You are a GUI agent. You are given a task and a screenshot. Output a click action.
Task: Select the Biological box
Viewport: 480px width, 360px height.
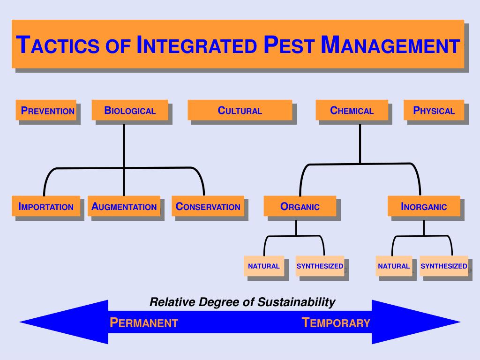point(130,111)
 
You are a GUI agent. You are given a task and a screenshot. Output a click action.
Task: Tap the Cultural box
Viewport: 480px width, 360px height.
point(240,111)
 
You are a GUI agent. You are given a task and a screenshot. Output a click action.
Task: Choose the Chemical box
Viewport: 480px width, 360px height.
point(352,111)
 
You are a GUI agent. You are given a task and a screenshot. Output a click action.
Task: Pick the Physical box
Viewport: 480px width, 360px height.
point(434,111)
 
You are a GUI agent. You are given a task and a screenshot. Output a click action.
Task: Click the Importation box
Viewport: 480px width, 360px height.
point(45,206)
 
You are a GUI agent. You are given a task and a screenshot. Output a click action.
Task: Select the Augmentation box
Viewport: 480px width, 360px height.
point(124,206)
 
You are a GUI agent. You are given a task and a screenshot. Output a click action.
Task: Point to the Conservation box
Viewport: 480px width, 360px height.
point(208,206)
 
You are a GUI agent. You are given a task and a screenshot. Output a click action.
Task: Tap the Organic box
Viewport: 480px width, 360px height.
point(300,206)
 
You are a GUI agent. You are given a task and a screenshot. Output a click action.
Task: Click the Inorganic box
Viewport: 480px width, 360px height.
point(424,206)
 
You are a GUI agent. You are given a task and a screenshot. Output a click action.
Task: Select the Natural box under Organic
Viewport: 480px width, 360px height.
point(263,266)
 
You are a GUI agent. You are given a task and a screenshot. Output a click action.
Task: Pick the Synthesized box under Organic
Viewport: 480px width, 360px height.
point(320,266)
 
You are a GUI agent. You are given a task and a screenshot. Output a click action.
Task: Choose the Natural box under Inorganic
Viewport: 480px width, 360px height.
point(394,266)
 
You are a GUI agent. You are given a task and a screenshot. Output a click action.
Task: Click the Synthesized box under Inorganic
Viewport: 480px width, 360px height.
point(443,266)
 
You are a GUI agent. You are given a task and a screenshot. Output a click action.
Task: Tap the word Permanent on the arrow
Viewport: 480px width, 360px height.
point(143,322)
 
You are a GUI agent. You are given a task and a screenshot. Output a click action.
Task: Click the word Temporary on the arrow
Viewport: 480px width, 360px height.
point(336,322)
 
